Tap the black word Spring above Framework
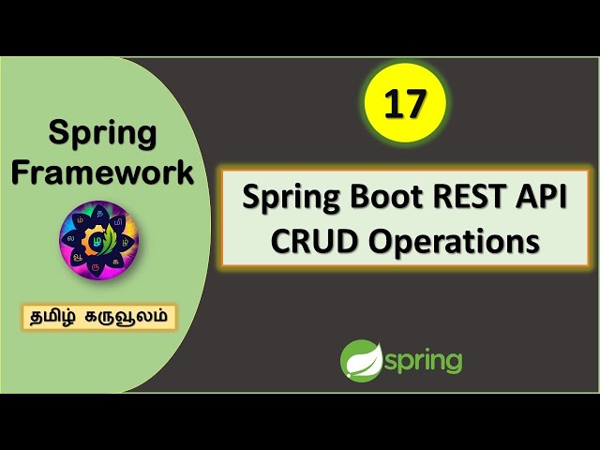(102, 132)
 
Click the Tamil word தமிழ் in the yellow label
(61, 316)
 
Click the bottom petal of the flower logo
(99, 268)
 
